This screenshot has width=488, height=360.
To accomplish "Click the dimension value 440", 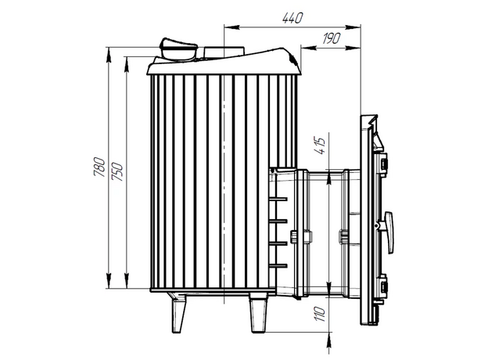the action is coord(292,18).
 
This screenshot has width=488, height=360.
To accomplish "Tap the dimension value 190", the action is coord(332,38).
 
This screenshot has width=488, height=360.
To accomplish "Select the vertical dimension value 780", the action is coord(99,167).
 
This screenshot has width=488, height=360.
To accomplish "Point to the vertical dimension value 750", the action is coord(117,171).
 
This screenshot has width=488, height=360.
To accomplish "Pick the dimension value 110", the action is coord(320,314).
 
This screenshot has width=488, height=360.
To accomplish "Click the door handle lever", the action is coord(389,232).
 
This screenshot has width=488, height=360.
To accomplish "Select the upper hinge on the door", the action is coord(384,163).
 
